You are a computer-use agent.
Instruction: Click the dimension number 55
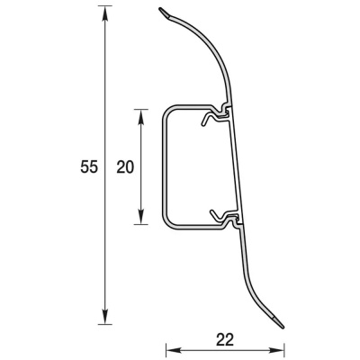[89, 167]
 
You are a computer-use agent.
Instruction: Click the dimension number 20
[125, 167]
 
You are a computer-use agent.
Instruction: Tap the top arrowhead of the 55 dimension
[104, 13]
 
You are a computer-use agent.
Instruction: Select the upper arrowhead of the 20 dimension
[140, 116]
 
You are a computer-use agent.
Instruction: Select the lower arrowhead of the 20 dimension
[140, 217]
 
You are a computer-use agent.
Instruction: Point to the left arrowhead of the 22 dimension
[174, 350]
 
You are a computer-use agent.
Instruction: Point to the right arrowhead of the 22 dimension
[276, 350]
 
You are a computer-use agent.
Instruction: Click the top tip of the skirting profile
[159, 9]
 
